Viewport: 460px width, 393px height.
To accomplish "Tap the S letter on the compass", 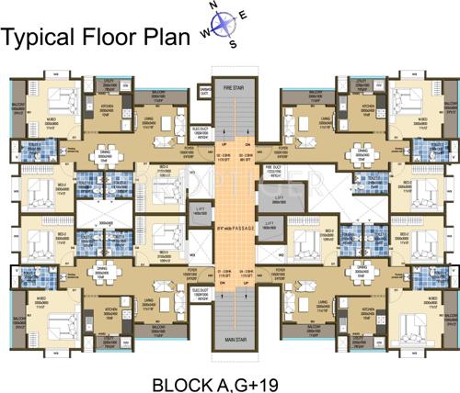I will [x=234, y=45].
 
